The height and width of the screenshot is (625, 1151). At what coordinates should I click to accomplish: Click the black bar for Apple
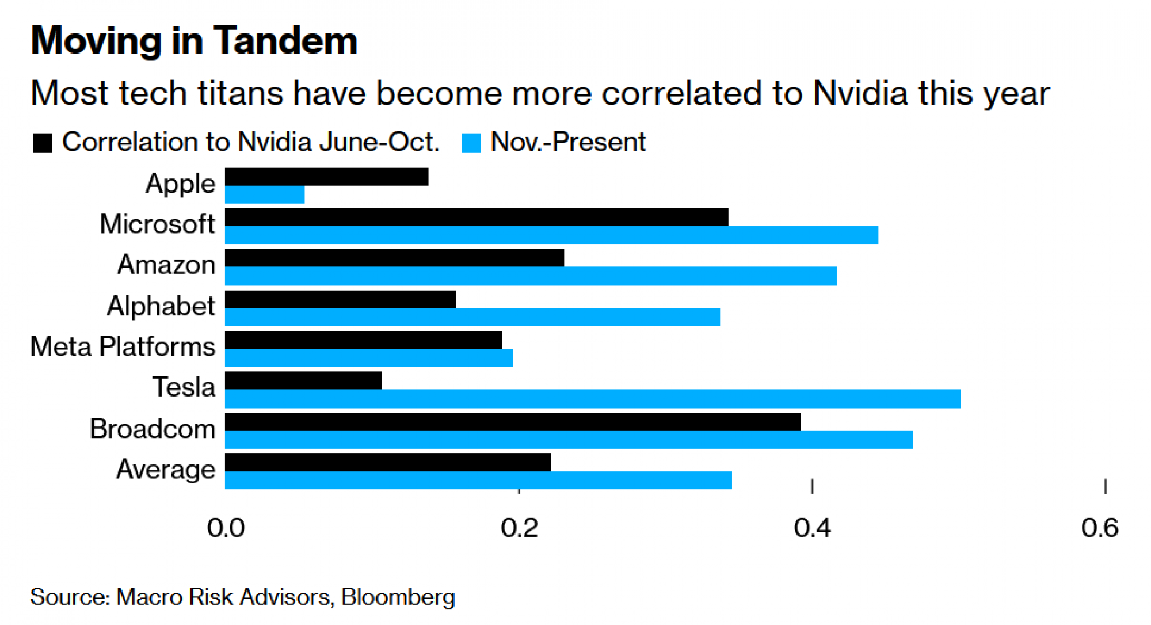(x=326, y=177)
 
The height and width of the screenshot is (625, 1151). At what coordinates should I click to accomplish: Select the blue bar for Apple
(x=265, y=195)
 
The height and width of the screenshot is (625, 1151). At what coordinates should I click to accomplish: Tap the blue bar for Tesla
(x=592, y=399)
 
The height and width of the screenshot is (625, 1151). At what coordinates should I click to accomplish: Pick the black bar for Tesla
(x=303, y=381)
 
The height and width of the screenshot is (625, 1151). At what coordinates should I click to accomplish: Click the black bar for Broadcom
(x=513, y=422)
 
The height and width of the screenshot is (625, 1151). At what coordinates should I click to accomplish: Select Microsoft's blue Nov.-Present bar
(x=551, y=235)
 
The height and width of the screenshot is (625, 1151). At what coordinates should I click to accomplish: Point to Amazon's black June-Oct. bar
(x=394, y=258)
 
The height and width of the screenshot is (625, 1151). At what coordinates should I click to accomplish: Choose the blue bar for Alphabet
(x=472, y=317)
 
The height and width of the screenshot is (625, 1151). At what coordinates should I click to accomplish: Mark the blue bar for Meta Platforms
(x=368, y=358)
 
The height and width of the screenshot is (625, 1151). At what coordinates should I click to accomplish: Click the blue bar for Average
(x=478, y=481)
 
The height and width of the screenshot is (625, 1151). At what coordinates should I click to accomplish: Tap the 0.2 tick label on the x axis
(x=519, y=528)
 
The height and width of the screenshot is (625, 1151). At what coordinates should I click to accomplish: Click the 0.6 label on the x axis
(x=1100, y=528)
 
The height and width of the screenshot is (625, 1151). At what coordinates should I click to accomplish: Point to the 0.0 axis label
(x=226, y=528)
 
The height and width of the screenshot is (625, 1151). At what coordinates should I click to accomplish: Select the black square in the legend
(x=43, y=143)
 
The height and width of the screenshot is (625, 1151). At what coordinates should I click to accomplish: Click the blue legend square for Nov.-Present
(x=471, y=143)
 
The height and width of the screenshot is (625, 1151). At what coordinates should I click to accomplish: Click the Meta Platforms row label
(x=123, y=346)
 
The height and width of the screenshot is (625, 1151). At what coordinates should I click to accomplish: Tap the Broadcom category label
(x=153, y=429)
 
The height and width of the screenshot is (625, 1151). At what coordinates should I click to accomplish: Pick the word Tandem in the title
(x=285, y=41)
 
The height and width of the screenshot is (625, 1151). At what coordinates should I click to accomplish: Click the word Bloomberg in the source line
(x=398, y=597)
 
